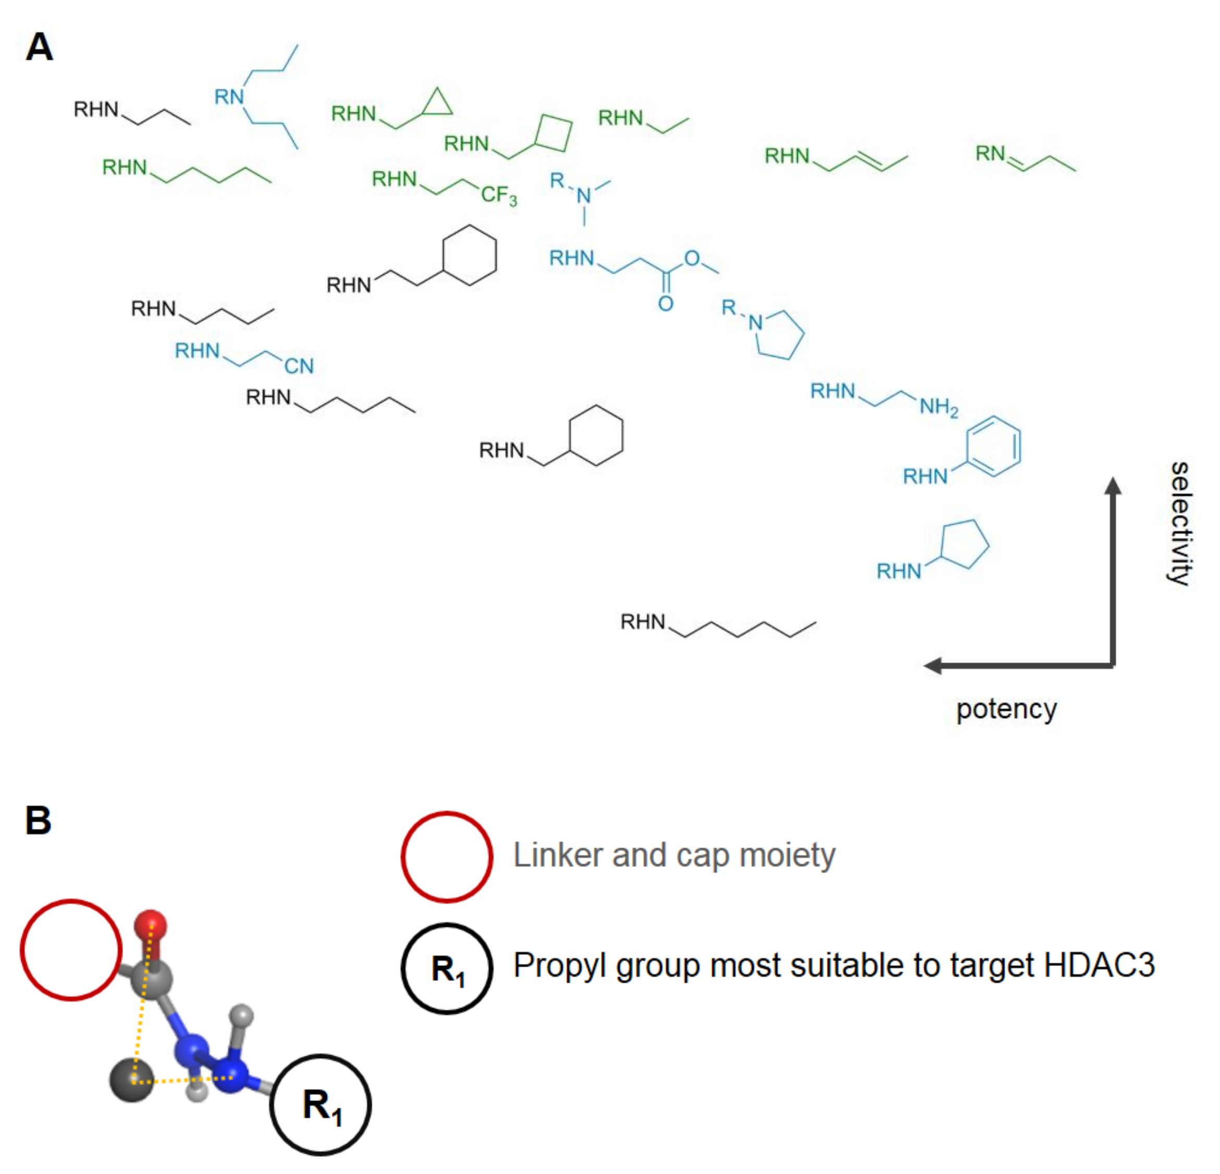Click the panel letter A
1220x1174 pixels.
39,47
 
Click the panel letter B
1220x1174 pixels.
38,820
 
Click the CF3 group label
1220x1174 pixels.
498,195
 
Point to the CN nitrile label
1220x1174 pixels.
299,366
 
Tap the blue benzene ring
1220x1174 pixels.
993,446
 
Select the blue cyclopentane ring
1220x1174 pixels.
964,543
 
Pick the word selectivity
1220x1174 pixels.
1179,523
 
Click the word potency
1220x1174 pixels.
1006,709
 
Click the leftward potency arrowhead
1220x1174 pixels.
932,665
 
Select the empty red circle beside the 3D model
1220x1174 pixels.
71,950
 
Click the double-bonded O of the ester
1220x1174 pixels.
665,304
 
